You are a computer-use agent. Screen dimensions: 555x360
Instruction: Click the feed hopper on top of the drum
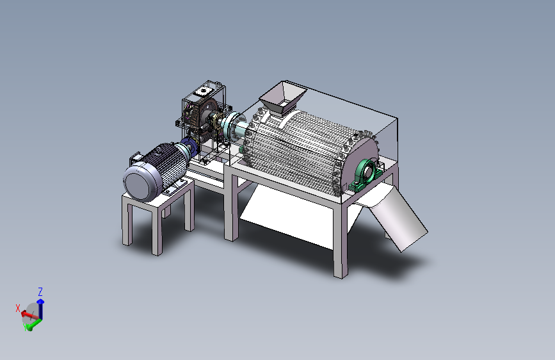pyautogui.click(x=282, y=97)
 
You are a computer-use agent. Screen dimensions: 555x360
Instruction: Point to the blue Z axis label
pyautogui.click(x=40, y=292)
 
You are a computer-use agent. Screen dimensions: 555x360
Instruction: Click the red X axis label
pyautogui.click(x=18, y=308)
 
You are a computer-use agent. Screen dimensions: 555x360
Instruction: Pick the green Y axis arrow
pyautogui.click(x=33, y=324)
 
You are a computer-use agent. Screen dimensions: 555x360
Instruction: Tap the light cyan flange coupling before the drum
pyautogui.click(x=234, y=126)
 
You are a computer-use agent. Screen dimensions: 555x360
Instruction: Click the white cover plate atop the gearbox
pyautogui.click(x=202, y=92)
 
